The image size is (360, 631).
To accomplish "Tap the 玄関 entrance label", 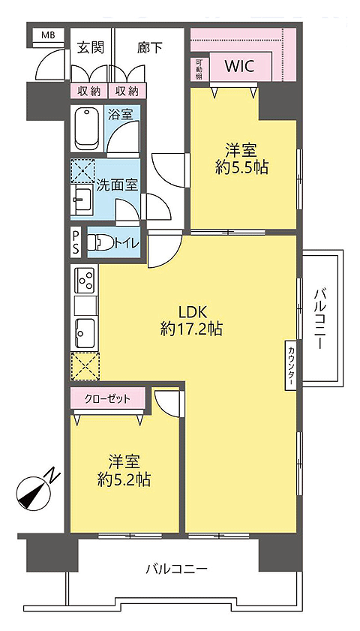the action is coord(91,48).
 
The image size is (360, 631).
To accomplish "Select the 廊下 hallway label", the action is coord(150,48).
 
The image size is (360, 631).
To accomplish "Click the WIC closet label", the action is coord(239,66).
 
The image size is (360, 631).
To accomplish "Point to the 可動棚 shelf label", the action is coord(199,69).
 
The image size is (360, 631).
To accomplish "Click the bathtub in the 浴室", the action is coord(87,129).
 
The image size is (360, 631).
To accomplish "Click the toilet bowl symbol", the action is coord(100,243).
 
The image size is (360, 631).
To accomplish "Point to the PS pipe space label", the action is coord(76,242).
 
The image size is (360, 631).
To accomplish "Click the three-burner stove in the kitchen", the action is coord(85,281).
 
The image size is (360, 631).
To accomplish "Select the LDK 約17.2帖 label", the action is coord(191,320).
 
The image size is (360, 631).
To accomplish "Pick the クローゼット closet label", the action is coord(107,399).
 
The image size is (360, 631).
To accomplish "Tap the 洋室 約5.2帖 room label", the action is coord(124,470).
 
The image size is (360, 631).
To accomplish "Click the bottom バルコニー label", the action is coord(177,569).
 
